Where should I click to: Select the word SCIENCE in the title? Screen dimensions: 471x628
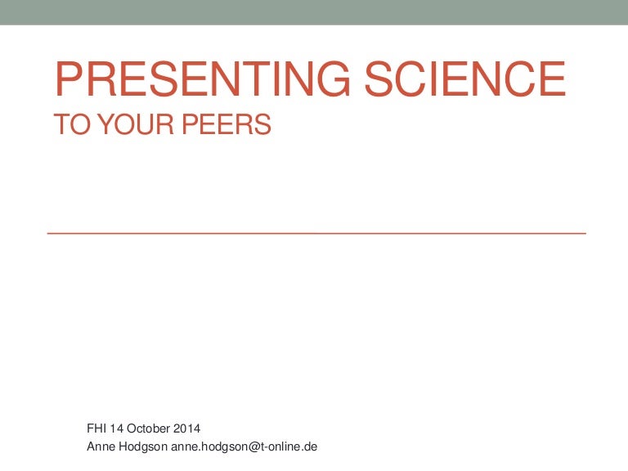click(x=464, y=79)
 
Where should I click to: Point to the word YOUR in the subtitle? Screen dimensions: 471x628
click(x=126, y=125)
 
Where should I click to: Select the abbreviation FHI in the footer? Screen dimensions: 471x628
click(x=96, y=428)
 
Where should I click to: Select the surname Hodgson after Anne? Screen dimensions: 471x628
click(x=145, y=446)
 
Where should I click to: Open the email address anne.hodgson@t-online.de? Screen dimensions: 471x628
click(x=244, y=446)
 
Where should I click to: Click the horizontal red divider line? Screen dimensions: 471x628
click(x=316, y=233)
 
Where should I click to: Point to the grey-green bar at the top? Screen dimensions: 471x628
click(x=314, y=11)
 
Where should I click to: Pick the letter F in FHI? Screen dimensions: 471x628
click(x=90, y=428)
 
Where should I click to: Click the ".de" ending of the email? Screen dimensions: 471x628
click(x=309, y=446)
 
